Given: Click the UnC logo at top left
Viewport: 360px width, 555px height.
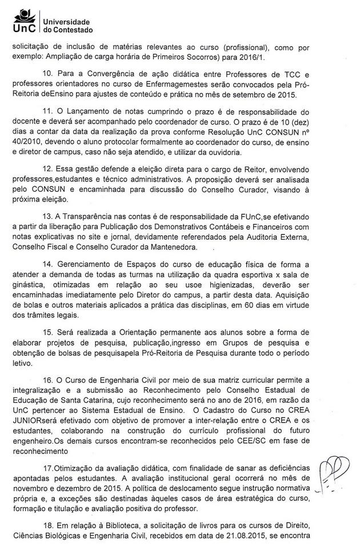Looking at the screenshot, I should pos(22,20).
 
